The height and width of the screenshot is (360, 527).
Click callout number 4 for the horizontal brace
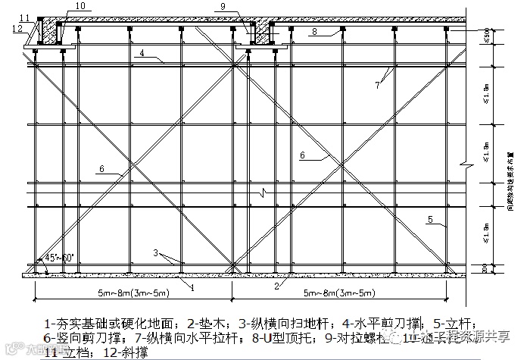coord(140,53)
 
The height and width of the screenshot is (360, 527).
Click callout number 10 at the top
coord(80,6)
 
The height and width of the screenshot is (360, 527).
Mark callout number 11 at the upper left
coord(25,17)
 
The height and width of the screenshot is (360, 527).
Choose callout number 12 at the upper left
coord(17,28)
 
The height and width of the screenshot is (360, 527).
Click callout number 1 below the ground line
coord(193,287)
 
